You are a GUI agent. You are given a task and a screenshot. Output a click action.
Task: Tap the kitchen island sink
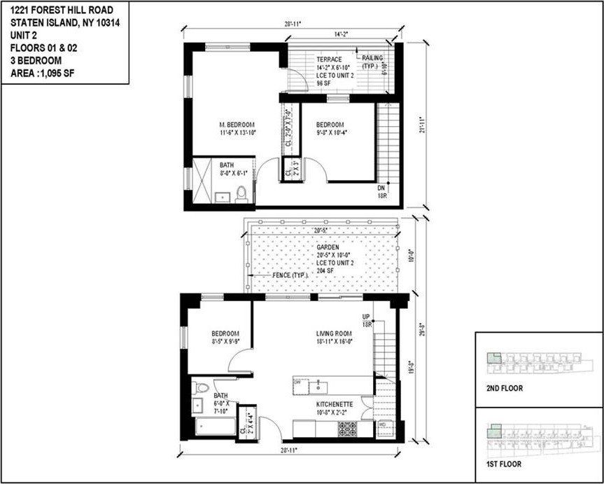318,385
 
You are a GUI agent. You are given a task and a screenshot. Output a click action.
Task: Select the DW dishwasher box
297,383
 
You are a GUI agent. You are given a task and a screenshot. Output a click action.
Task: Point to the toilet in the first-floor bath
201,387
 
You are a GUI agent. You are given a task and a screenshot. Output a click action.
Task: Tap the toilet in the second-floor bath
241,193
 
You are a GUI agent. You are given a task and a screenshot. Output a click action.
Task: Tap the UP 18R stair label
365,321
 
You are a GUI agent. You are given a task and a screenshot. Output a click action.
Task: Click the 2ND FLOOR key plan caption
504,387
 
